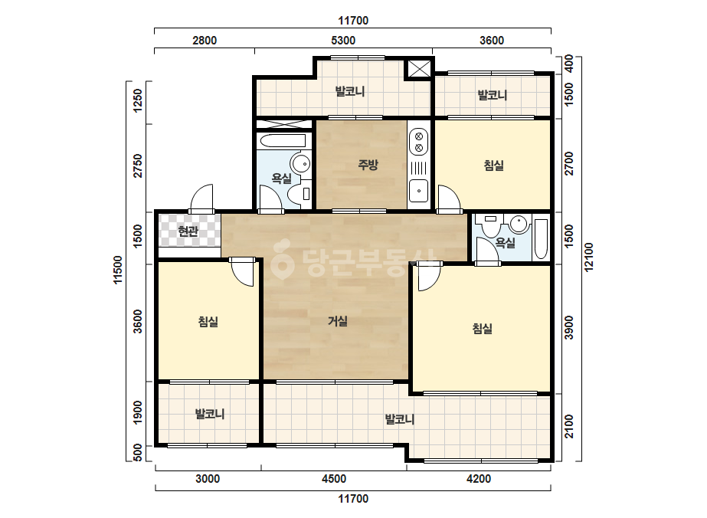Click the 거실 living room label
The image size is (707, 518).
click(x=337, y=321)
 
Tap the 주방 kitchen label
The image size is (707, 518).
click(x=368, y=165)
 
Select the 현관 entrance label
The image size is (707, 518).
click(x=188, y=231)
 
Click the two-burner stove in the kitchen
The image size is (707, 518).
click(x=419, y=142)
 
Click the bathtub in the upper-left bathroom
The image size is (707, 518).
click(x=283, y=141)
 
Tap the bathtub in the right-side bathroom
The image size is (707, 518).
click(x=541, y=239)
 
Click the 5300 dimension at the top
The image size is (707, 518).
click(x=343, y=40)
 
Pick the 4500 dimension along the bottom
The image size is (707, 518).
click(x=334, y=479)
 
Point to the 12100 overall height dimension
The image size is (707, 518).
click(x=588, y=257)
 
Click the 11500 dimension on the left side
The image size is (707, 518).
click(x=118, y=270)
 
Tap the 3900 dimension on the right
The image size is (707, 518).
click(x=569, y=328)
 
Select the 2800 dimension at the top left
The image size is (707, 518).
click(x=205, y=40)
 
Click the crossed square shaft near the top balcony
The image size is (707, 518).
click(x=419, y=69)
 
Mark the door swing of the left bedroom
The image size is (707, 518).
click(x=244, y=272)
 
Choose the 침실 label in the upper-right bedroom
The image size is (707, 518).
click(x=494, y=166)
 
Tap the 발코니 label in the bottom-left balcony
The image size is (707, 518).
click(x=210, y=414)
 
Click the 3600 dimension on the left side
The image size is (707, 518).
click(x=138, y=321)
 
